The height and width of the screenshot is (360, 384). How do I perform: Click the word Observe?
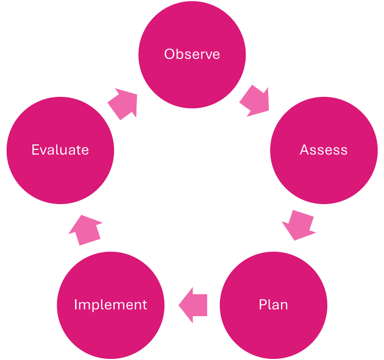pyautogui.click(x=192, y=54)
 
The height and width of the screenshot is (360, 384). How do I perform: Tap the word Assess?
pyautogui.click(x=324, y=150)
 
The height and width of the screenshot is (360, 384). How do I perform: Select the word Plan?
pyautogui.click(x=273, y=304)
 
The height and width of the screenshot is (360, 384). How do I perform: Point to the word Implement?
pyautogui.click(x=110, y=304)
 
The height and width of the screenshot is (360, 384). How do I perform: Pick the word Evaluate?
pyautogui.click(x=60, y=150)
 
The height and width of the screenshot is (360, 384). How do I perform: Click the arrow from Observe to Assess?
pyautogui.click(x=255, y=101)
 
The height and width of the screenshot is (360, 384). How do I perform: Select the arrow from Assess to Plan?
pyautogui.click(x=298, y=225)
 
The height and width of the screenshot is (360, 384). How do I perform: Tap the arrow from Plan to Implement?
pyautogui.click(x=193, y=305)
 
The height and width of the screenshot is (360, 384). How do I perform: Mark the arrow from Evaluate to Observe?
pyautogui.click(x=124, y=102)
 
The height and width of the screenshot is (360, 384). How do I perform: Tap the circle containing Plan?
pyautogui.click(x=273, y=329)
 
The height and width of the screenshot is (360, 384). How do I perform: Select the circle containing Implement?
pyautogui.click(x=110, y=329)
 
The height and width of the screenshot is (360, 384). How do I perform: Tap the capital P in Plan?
pyautogui.click(x=263, y=304)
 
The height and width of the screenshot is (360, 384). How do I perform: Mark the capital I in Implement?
pyautogui.click(x=76, y=304)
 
